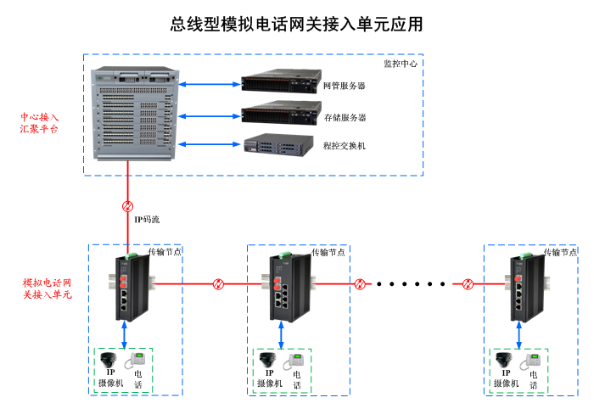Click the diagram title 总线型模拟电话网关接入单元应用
[296, 25]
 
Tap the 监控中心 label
[401, 64]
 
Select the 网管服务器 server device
[281, 81]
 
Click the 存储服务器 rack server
[281, 113]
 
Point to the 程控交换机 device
[279, 144]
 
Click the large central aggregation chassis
[135, 113]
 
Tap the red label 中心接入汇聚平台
[39, 123]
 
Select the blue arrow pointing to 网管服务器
[210, 84]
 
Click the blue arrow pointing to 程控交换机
[210, 144]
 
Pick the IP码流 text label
[147, 219]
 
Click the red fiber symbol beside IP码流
[127, 206]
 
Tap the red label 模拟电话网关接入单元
[47, 288]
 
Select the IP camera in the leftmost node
[109, 360]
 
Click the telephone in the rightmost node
[530, 361]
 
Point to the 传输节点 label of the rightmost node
[560, 252]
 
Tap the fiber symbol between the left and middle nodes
[218, 283]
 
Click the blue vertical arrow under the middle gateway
[281, 335]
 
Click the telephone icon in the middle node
[294, 361]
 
